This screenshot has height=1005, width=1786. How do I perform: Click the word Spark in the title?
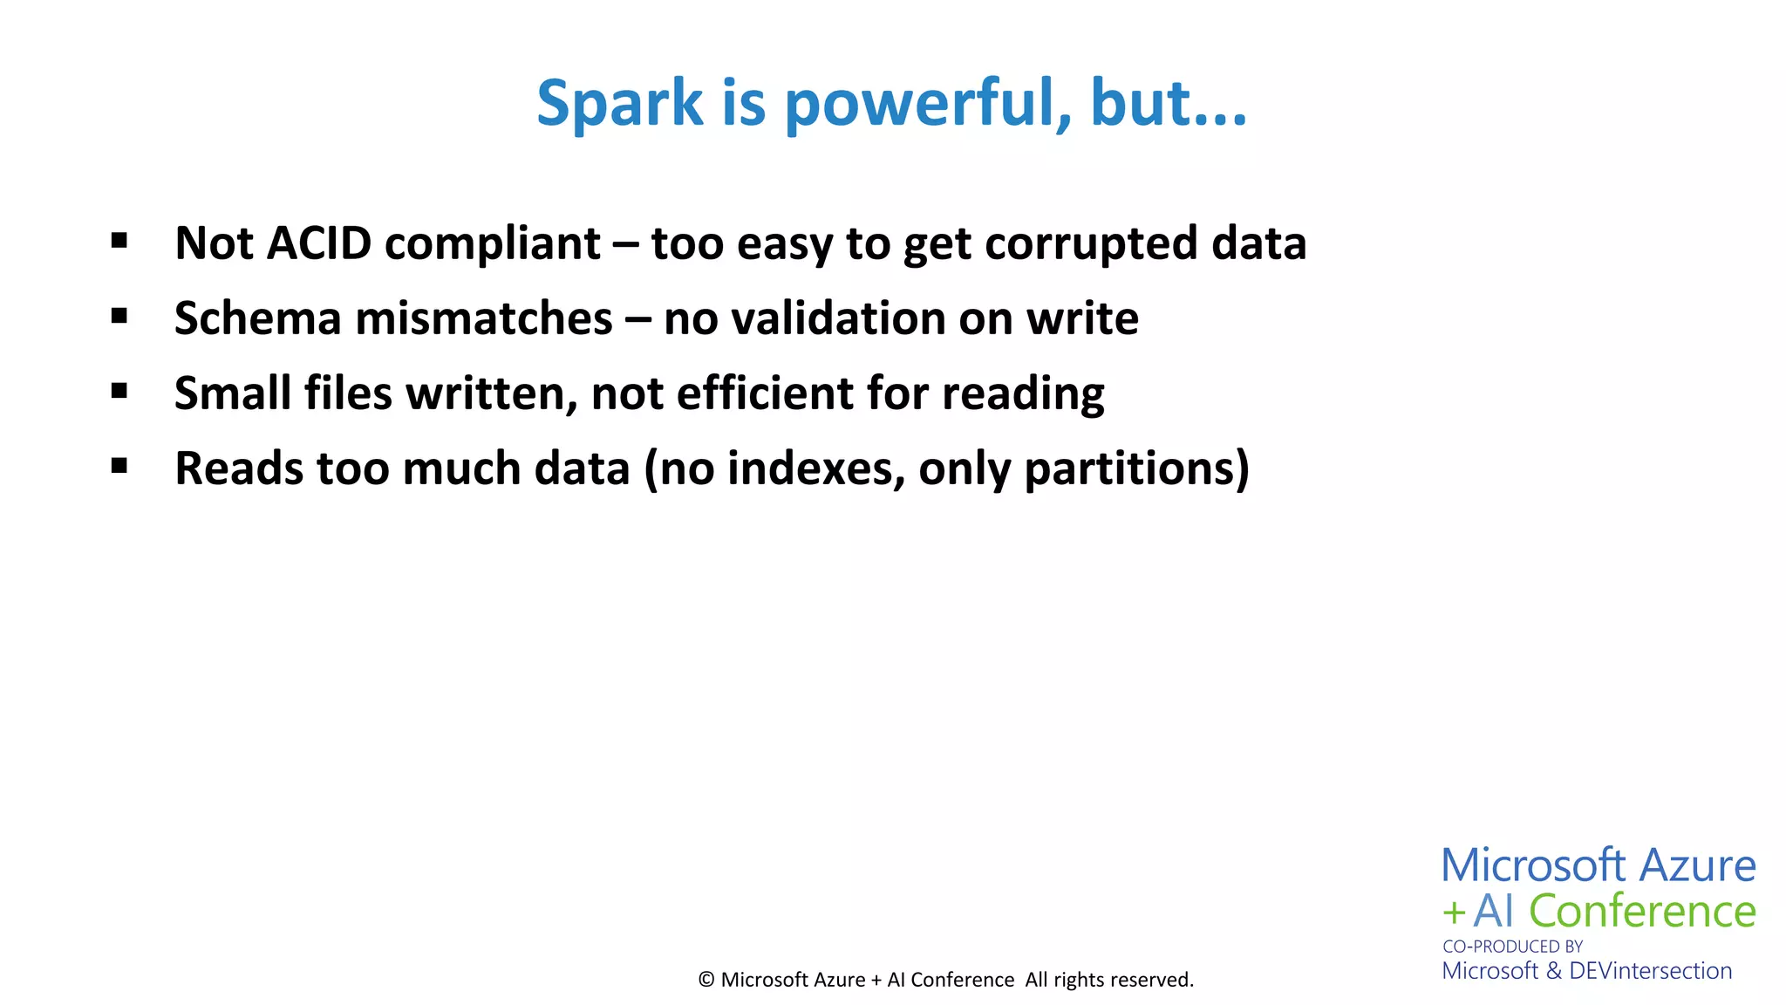tap(619, 104)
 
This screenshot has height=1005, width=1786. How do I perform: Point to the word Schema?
tap(258, 318)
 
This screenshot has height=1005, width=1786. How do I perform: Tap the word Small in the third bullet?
tap(233, 393)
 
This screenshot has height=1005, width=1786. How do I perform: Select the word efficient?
tap(764, 393)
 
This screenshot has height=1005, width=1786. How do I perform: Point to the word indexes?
tap(816, 468)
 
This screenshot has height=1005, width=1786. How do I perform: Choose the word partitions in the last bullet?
tap(1131, 468)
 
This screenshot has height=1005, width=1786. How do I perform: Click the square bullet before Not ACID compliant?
tap(119, 240)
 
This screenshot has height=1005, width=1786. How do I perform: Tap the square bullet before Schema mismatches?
tap(119, 315)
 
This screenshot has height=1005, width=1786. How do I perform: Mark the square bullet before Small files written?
tap(119, 390)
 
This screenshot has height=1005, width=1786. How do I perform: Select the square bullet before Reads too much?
tap(119, 465)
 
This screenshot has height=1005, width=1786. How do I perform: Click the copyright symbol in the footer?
tap(706, 980)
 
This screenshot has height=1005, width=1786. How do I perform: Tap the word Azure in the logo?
tap(1697, 865)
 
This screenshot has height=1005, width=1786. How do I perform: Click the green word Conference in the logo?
tap(1642, 911)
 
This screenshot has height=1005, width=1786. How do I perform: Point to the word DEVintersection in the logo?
tap(1650, 970)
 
